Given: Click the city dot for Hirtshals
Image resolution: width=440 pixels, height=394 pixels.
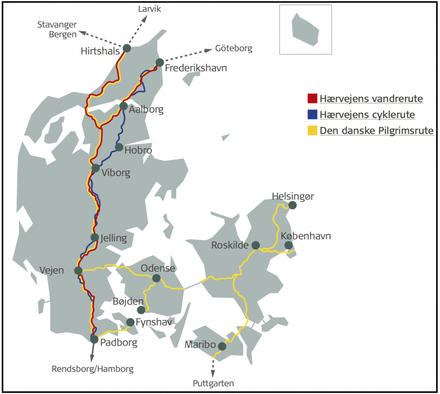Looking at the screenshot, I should pos(127,48).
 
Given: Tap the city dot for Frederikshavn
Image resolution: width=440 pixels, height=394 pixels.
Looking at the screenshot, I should pos(160,63).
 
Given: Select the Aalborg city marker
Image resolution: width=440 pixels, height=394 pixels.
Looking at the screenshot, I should pos(124,106).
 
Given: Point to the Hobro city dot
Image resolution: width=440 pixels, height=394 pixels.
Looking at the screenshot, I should pos(119,147).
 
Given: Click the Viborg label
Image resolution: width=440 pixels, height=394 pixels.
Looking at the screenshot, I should pos(116,173).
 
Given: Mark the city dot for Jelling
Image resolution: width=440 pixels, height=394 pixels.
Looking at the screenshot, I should pos(95,237).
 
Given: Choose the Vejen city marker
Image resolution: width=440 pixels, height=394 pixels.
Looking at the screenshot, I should pos(78,270).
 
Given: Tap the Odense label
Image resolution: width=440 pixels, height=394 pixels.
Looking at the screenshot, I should pos(158,268).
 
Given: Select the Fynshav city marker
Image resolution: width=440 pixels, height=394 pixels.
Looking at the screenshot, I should pos(130,322).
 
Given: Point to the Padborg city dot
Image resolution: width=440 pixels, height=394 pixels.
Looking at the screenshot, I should pos(94,339).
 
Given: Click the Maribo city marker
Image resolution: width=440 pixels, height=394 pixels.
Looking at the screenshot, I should pos(222,346).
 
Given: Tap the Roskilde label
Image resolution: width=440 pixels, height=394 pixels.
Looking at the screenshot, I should pos(230,245).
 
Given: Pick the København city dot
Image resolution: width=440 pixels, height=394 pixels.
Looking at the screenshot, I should pos(288,245).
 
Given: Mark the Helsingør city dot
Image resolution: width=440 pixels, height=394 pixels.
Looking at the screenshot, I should pos(292,205).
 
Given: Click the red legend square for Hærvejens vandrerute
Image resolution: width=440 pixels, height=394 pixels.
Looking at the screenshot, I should pos(312,98).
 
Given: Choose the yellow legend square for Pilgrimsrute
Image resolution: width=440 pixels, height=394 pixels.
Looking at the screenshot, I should pos(312,131).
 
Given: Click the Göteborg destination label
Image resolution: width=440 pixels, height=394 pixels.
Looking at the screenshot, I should pos(234,48).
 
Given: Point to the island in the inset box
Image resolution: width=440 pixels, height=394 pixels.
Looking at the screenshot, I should pos(305,29).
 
